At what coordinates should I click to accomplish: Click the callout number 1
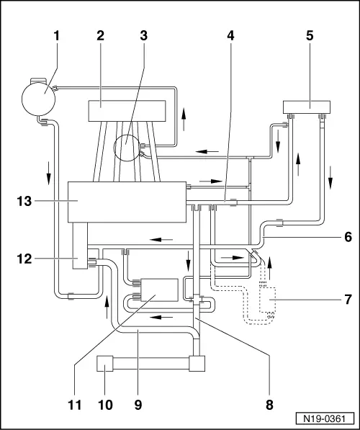point(56,35)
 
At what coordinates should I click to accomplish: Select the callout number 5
point(310,35)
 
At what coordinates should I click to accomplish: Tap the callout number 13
point(24,201)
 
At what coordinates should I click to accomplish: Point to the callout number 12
point(24,259)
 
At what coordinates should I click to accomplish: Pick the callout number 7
point(348,300)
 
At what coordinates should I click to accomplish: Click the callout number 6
point(348,237)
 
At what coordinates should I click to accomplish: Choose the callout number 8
point(269,405)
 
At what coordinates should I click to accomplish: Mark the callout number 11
point(75,405)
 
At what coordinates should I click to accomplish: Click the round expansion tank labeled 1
point(38,99)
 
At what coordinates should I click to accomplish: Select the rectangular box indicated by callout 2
point(127,111)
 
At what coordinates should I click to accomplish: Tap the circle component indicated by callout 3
point(127,148)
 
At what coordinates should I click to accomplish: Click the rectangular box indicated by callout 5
point(307,107)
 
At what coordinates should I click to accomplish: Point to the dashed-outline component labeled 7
point(268,300)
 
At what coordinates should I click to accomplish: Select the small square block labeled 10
point(105,363)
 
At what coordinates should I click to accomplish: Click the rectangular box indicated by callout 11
point(159,290)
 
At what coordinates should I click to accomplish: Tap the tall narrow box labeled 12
point(80,246)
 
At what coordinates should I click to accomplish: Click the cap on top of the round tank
point(38,81)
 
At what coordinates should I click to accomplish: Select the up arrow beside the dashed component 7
point(270,268)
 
